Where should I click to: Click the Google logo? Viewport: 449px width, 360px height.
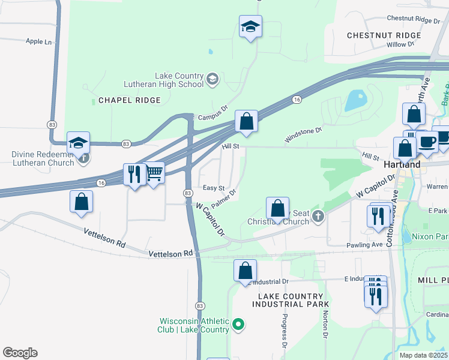tap(20, 353)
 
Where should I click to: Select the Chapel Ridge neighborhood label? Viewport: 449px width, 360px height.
tap(129, 100)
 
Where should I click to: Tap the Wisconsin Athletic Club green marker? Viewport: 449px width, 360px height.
tap(239, 325)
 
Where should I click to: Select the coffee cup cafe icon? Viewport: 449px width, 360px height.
tap(428, 142)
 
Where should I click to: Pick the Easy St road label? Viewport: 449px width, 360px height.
tap(213, 188)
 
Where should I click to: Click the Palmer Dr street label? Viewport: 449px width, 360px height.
tap(223, 197)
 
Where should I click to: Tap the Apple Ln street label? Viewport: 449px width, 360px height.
tap(38, 41)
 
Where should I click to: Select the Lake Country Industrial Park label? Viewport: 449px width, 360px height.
tap(291, 301)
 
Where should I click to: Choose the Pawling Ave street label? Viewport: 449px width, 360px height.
tap(364, 245)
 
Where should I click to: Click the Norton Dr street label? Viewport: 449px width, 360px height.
tap(325, 328)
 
